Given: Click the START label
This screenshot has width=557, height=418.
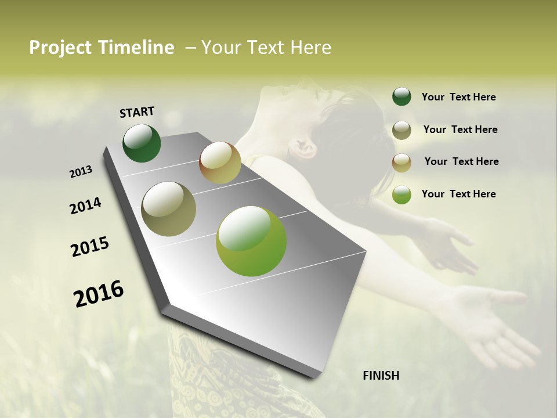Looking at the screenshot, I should point(137,112).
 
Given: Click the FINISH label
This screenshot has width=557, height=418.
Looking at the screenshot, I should point(381,376).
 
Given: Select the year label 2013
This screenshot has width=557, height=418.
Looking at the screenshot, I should point(81,172).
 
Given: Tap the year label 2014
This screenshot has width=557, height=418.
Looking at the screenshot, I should point(85,206).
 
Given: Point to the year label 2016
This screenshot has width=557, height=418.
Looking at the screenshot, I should point(99,294).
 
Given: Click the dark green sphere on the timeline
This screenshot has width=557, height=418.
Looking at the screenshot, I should point(142,143).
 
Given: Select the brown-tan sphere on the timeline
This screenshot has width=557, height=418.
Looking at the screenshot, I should point(220,163).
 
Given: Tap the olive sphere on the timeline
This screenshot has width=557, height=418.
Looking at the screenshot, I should point(168,209).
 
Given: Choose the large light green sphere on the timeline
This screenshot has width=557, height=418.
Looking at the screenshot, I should point(251,241).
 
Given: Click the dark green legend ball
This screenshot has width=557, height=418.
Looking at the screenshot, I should point(402,96).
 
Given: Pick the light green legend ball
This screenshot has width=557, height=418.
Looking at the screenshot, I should point(402,194).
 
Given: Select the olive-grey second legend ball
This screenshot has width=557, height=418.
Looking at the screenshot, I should point(402,130).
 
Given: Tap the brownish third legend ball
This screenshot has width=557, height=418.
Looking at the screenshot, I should point(402,163).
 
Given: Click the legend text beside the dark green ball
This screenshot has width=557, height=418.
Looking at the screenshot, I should point(458,97).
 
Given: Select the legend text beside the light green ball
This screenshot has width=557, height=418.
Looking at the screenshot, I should point(458,194).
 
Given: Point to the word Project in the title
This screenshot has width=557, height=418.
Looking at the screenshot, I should point(60,48).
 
